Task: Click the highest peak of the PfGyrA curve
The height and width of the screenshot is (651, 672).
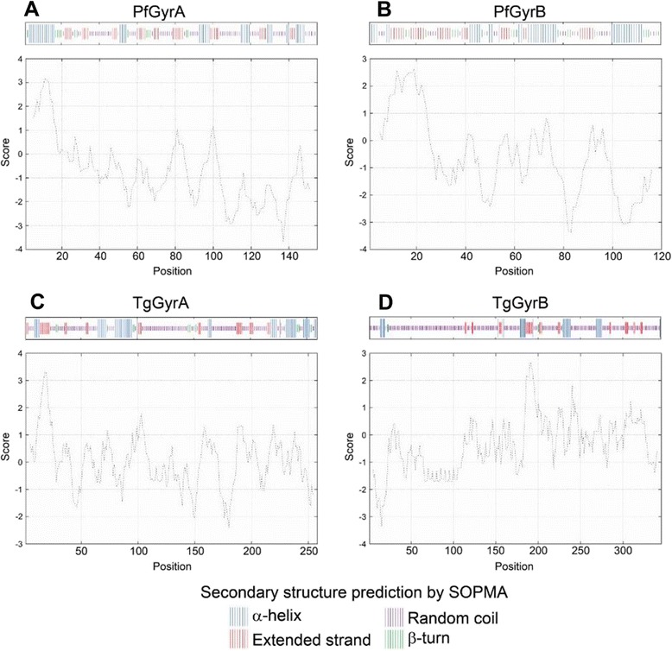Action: pyautogui.click(x=46, y=79)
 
